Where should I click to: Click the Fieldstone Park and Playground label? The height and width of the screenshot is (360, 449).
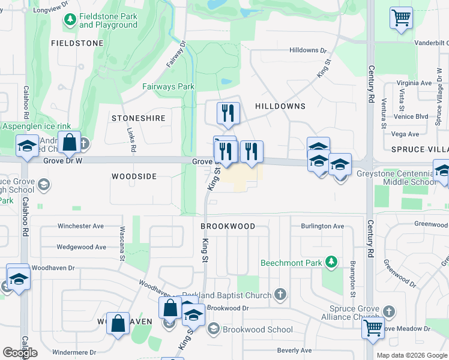click(108, 20)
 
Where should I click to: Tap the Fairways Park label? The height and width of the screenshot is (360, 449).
click(168, 86)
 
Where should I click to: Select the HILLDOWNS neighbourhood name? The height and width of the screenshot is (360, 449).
click(280, 106)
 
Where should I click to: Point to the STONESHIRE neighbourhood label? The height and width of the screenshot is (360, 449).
click(138, 118)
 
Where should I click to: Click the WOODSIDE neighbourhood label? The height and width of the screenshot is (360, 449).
click(134, 176)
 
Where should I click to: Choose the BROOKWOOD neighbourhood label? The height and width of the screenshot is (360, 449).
click(228, 226)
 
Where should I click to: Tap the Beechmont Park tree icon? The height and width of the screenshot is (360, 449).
click(330, 262)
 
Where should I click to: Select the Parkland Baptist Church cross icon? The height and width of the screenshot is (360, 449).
click(280, 294)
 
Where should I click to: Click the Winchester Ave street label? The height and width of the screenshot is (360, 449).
click(80, 226)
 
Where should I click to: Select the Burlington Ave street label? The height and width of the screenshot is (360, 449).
click(322, 226)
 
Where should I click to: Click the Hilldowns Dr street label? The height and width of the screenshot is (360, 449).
click(307, 51)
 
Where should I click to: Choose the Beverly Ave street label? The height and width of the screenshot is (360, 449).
click(294, 350)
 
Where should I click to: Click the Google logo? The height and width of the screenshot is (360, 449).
click(20, 353)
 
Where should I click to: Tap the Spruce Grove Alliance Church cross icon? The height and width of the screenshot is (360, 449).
click(389, 311)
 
